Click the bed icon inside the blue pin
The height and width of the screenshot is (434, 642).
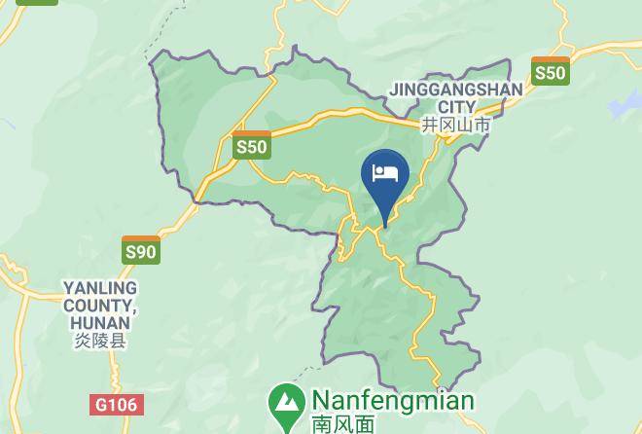385,173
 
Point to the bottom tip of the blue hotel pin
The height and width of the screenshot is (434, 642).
385,225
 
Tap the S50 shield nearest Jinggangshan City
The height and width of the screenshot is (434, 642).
550,71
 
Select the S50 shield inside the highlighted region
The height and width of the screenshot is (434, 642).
251,146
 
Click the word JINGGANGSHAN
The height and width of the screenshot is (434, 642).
455,90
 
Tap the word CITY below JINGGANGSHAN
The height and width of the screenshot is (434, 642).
456,107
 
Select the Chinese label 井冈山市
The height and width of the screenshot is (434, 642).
455,126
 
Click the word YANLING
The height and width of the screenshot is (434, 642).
100,288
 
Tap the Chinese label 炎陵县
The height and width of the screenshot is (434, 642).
100,342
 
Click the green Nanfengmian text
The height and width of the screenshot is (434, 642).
392,401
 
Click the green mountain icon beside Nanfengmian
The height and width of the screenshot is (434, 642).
286,403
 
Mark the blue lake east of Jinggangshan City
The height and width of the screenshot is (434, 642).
623,104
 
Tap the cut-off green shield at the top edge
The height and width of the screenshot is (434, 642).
37,2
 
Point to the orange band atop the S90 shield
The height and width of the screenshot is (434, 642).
141,239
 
